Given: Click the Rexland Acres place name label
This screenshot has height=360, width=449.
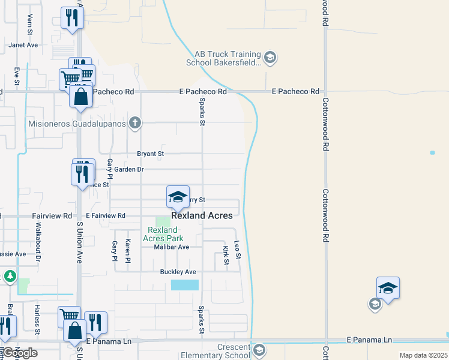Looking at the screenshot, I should (x=202, y=215).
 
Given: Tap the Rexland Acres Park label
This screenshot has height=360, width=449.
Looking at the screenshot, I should (x=162, y=234).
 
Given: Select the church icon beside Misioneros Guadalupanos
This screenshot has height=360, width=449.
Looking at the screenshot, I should (x=136, y=124).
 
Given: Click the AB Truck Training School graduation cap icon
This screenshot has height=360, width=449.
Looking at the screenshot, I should (x=270, y=58).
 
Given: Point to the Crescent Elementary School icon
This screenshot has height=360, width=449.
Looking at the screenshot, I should (x=259, y=350).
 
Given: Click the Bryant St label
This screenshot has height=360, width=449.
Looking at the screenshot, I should (x=151, y=154).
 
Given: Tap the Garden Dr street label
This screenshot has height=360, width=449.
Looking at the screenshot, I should (x=129, y=169).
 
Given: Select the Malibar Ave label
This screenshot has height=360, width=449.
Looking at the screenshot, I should (x=171, y=247).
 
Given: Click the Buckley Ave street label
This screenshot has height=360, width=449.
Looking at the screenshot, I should (x=178, y=272).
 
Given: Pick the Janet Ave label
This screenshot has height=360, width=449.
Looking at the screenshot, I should (x=23, y=44).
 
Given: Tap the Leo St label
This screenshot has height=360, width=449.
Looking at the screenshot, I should (x=237, y=250).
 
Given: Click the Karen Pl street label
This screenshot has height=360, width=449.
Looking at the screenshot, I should (x=127, y=251).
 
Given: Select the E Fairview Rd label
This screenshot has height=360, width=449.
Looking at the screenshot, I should (x=106, y=215).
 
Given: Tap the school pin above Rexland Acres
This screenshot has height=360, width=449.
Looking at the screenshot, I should (x=178, y=196).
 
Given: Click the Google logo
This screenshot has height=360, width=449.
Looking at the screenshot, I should (x=19, y=353).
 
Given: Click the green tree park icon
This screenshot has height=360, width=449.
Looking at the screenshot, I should (x=10, y=277).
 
